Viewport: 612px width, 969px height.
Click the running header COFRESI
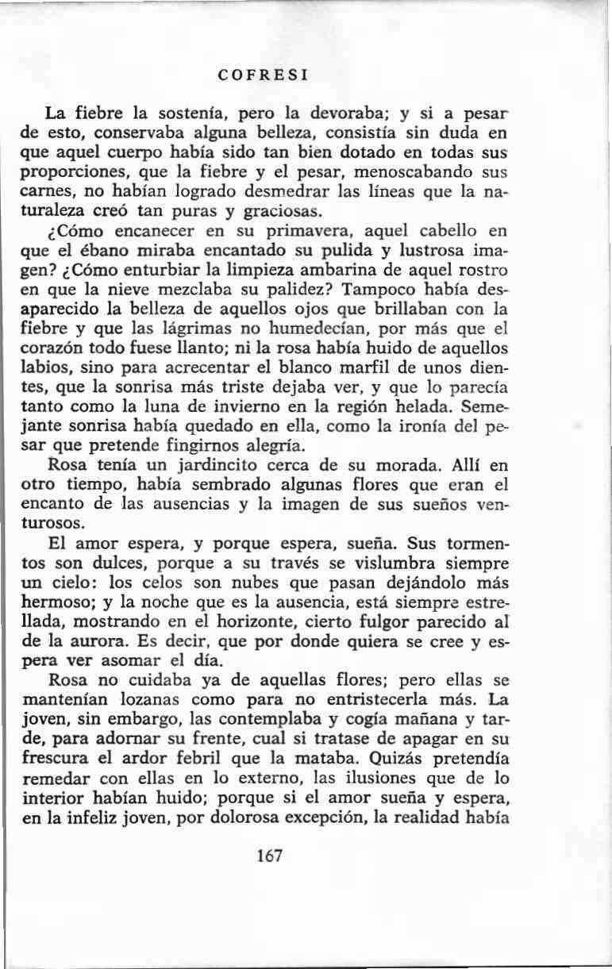coord(263,77)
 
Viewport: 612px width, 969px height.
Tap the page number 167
coord(271,856)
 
